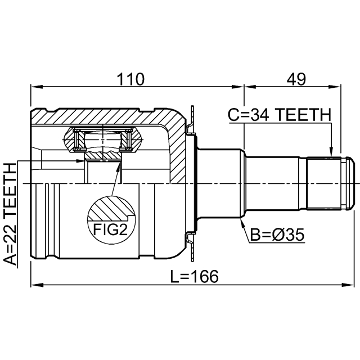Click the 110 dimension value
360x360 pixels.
pyautogui.click(x=130, y=79)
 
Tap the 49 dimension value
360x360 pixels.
pyautogui.click(x=296, y=79)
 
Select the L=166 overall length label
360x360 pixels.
pyautogui.click(x=194, y=276)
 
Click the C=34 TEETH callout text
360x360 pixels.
pyautogui.click(x=280, y=115)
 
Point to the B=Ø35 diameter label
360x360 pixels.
pyautogui.click(x=277, y=235)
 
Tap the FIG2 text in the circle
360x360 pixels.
pyautogui.click(x=110, y=229)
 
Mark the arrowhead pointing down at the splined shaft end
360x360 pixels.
pyautogui.click(x=331, y=152)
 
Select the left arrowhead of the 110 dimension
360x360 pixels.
pyautogui.click(x=37, y=87)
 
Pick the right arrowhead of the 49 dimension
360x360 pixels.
pyautogui.click(x=335, y=87)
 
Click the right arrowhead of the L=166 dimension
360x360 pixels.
pyautogui.click(x=348, y=285)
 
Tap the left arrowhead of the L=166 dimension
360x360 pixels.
pyautogui.click(x=37, y=285)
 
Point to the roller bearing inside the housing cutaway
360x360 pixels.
pyautogui.click(x=102, y=140)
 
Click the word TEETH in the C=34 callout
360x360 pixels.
pyautogui.click(x=303, y=115)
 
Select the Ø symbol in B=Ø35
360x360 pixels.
pyautogui.click(x=277, y=235)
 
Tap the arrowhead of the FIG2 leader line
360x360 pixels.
pyautogui.click(x=119, y=166)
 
